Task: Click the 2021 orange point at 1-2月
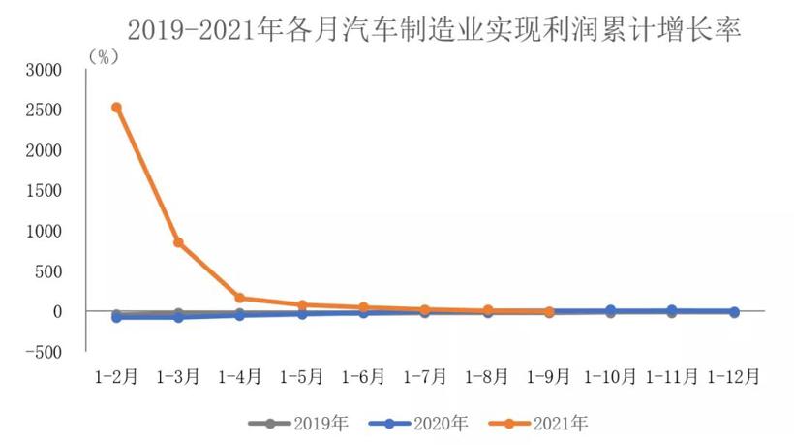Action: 116,108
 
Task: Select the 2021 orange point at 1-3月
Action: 178,242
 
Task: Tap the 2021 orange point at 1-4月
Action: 240,298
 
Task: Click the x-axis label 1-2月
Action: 116,375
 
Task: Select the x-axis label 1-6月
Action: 364,375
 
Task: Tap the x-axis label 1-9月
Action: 549,375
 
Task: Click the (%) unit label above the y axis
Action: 100,56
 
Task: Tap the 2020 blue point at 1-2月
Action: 116,317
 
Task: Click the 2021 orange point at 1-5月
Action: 302,305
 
